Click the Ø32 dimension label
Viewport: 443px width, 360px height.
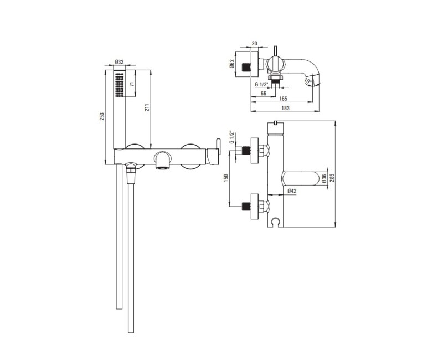120,62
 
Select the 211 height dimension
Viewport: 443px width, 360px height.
147,107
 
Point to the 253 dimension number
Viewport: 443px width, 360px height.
102,116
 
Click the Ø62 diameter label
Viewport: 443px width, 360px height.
231,64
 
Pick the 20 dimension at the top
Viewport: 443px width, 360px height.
254,43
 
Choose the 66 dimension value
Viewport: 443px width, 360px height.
264,93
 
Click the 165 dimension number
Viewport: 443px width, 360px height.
283,99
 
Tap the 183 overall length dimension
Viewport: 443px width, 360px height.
286,108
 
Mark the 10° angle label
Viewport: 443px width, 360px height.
308,81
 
